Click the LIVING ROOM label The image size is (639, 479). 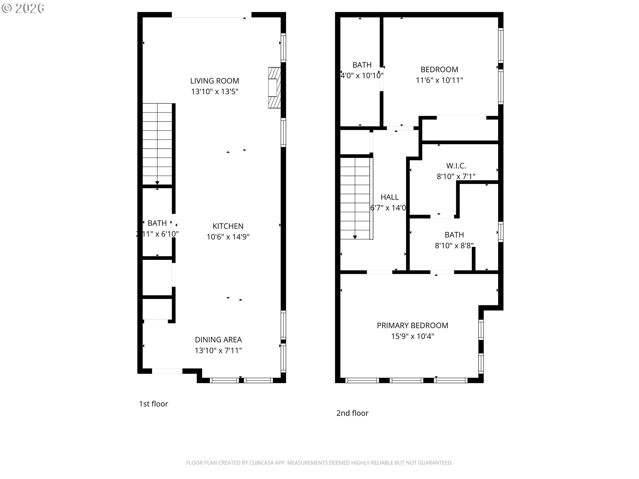pos(214,81)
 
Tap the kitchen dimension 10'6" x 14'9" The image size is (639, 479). pos(228,237)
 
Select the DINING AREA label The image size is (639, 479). pos(218,340)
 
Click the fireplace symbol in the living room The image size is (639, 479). pos(274,87)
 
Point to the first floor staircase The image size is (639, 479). pos(157,144)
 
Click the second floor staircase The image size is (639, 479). pos(355,198)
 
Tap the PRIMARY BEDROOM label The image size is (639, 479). pos(412,325)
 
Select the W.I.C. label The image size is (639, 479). pos(456,166)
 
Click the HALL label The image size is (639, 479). pos(389,197)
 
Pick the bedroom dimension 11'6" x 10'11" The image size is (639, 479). pos(439,80)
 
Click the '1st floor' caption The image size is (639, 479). pos(153,404)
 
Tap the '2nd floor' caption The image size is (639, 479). pos(352,413)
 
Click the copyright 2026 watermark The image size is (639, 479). pos(23,8)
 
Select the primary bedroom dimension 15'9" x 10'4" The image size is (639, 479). pos(412,336)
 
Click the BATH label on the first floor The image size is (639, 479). pos(157,223)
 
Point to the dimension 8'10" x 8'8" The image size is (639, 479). pos(454,246)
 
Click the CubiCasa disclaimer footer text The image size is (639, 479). pos(319,463)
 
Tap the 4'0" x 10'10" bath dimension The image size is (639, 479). pos(362,76)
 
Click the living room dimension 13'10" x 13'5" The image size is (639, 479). pos(214,92)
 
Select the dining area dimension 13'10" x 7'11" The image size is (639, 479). pos(218,351)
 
